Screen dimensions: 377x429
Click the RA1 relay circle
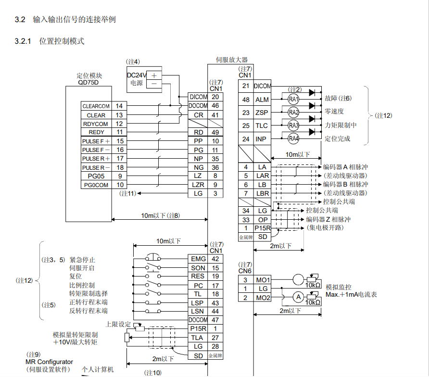[293, 99]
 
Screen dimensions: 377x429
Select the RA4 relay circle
[293, 139]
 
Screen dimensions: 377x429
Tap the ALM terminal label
[262, 100]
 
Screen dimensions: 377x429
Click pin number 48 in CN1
[246, 100]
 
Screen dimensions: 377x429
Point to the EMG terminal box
[198, 259]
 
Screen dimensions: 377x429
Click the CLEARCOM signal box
[96, 106]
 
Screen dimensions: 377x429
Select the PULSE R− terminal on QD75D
[96, 167]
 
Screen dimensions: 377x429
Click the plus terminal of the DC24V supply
[154, 75]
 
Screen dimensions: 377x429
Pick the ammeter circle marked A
[298, 297]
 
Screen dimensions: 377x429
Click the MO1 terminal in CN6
[263, 279]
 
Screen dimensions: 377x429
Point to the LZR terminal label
[198, 185]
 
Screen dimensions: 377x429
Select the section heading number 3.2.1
[23, 41]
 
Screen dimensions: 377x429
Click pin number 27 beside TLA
[215, 338]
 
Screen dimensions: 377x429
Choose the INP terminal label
[261, 139]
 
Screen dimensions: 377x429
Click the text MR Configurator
[50, 362]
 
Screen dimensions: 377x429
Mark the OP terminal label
[263, 219]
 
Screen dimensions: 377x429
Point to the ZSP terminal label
[262, 113]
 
